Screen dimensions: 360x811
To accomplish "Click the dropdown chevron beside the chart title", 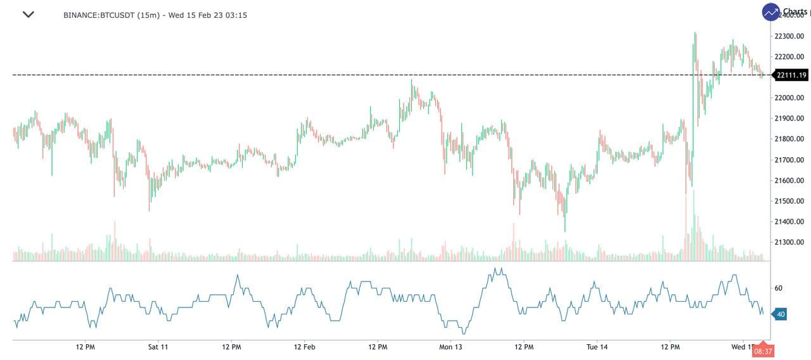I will pos(28,15).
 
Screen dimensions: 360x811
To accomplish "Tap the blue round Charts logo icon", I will pos(771,12).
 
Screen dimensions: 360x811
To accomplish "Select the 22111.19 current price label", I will pos(791,75).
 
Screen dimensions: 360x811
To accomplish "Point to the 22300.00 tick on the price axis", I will pos(789,36).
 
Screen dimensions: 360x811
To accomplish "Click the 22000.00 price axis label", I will pos(789,98).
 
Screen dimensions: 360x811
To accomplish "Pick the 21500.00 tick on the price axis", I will pos(789,201).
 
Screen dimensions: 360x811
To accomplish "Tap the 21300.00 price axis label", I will pos(789,242).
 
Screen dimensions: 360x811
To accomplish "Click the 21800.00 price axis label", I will pos(789,139).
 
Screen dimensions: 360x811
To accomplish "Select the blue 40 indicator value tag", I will pos(780,314).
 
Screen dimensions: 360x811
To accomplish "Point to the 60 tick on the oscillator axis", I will pos(778,288).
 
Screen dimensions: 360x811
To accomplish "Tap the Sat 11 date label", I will pos(158,347).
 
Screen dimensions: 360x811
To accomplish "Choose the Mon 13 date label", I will pos(451,347).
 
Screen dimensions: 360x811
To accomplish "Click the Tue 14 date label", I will pos(597,347).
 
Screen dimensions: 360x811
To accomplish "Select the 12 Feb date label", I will pos(305,347).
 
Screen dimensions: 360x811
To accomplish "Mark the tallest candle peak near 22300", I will pos(695,33).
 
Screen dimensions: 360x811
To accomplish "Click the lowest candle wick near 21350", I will pos(565,231).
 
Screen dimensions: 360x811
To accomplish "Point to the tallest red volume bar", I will pos(686,228).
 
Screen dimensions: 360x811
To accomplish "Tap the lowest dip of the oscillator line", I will pos(464,333).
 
